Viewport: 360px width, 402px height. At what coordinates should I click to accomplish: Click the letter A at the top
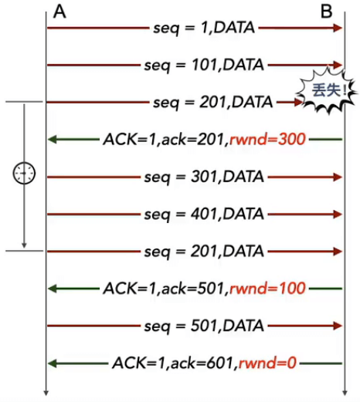pos(59,12)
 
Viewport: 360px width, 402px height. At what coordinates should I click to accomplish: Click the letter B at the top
pos(326,12)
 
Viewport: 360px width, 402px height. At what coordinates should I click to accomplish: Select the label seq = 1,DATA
pos(204,28)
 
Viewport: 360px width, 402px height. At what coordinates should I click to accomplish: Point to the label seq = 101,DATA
pos(204,65)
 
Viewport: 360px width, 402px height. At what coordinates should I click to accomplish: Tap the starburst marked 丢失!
pos(328,90)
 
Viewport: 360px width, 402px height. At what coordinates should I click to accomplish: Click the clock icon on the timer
pos(24,173)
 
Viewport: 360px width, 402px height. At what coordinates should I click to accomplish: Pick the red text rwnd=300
pos(267,139)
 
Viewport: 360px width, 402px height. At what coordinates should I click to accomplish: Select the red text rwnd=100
pos(267,289)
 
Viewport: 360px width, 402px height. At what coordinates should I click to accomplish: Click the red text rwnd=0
pos(267,363)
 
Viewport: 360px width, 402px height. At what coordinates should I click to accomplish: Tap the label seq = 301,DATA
pos(204,177)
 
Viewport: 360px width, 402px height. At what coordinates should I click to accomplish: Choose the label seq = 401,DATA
pos(204,214)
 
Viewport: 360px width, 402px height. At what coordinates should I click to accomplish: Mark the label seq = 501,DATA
pos(204,326)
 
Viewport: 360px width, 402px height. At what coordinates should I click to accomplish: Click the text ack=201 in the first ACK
pos(193,139)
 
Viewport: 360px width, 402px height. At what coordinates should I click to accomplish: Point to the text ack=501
pos(193,289)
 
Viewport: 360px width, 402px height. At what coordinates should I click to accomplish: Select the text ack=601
pos(202,363)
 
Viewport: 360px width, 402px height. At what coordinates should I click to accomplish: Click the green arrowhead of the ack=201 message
pos(53,140)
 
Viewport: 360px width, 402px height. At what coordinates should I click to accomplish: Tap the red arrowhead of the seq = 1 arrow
pos(338,28)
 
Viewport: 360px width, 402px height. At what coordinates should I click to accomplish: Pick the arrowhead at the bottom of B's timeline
pos(345,393)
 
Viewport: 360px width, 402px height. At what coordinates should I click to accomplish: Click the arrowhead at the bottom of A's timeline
pos(46,393)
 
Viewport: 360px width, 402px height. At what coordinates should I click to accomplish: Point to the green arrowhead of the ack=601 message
pos(53,363)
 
